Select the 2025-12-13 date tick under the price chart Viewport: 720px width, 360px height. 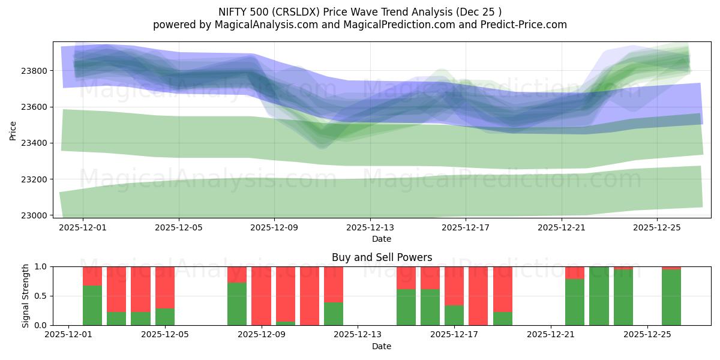pos(370,228)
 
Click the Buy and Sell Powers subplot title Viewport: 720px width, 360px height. pos(382,257)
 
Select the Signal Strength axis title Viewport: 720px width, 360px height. pos(26,296)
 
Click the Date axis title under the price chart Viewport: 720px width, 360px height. pos(382,239)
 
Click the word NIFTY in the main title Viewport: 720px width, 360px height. pos(232,11)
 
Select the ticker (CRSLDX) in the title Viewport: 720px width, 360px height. pos(296,11)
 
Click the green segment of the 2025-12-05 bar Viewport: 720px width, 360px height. pos(165,317)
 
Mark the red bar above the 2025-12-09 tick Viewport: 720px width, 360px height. pos(262,296)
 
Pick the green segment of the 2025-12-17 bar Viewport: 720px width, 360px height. pos(454,316)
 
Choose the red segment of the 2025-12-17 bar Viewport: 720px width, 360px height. pos(454,286)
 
